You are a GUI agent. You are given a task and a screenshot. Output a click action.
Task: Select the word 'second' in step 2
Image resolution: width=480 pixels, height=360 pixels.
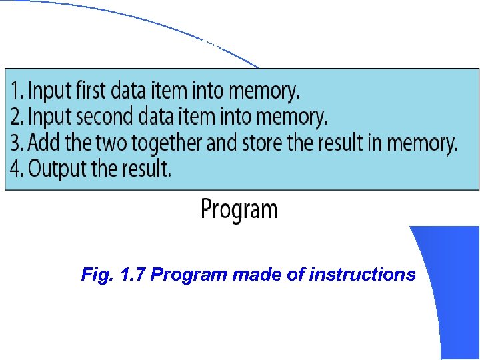[x=102, y=117]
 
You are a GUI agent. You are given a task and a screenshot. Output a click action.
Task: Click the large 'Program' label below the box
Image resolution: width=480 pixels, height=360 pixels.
[x=239, y=210]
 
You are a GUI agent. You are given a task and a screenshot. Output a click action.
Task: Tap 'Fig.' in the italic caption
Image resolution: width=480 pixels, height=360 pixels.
[x=94, y=275]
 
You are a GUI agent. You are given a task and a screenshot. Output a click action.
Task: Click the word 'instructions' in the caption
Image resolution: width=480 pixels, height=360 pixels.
[x=363, y=275]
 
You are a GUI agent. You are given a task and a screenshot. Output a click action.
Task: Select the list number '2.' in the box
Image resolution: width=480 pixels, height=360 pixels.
[x=17, y=117]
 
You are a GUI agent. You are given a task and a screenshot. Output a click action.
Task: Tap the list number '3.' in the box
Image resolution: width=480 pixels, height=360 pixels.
[x=17, y=143]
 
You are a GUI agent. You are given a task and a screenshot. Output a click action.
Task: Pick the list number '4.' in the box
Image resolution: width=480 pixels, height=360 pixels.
[x=17, y=169]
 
